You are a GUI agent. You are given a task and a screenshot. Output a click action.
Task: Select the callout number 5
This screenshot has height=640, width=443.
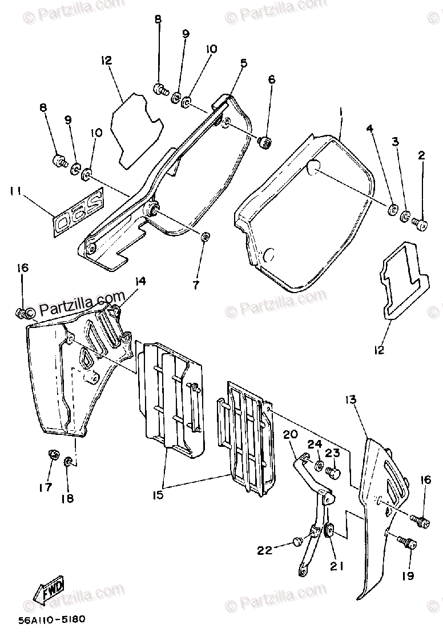[243, 64]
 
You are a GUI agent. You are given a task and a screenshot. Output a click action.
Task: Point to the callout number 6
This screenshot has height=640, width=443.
[272, 79]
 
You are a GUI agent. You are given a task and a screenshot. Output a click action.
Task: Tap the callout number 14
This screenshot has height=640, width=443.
[140, 281]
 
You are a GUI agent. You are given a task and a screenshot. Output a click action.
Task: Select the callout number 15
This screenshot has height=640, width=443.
[158, 494]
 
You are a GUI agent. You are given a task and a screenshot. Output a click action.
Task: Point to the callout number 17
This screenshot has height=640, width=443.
[45, 487]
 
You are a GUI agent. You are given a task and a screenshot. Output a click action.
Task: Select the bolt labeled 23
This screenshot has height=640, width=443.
[335, 473]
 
